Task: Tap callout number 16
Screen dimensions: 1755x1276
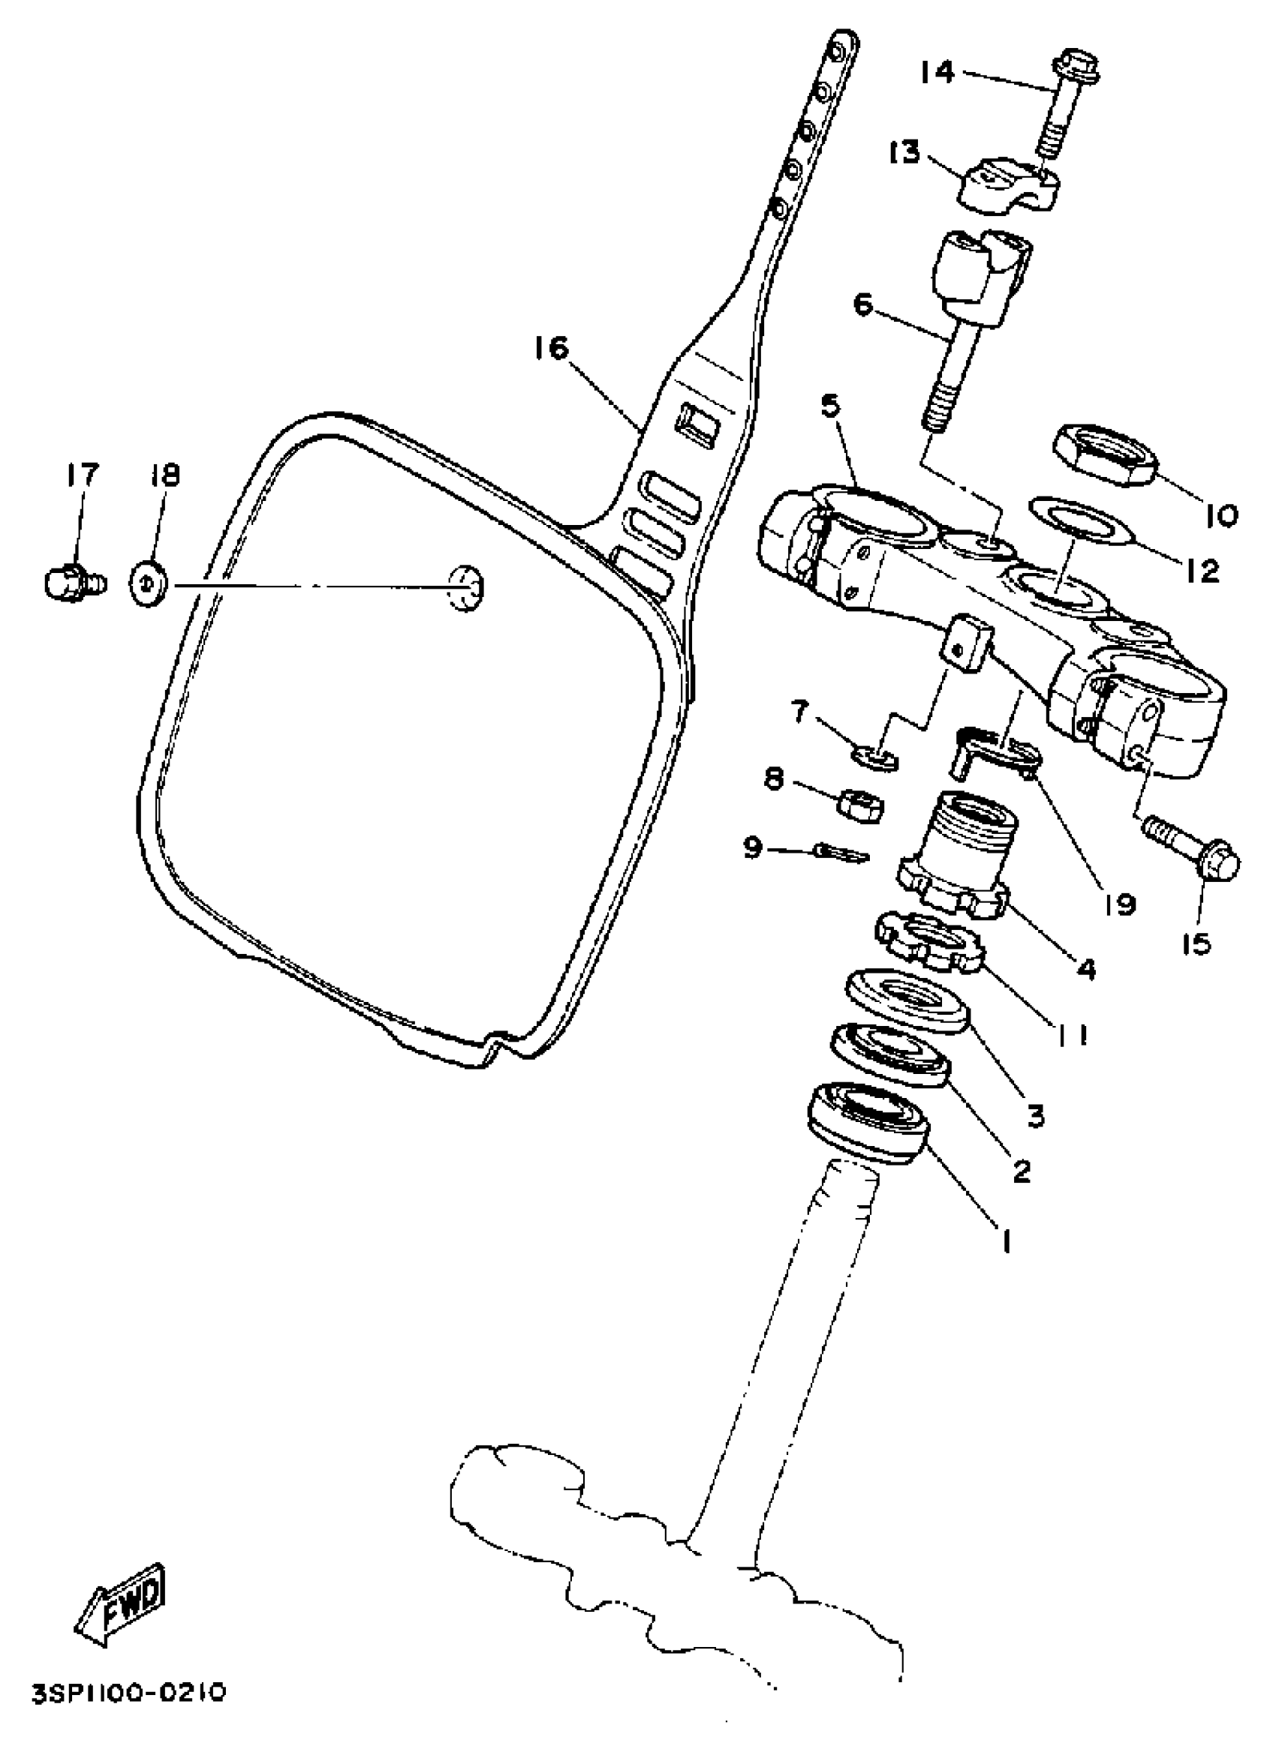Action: coord(550,348)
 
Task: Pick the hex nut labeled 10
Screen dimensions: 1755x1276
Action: coord(1105,454)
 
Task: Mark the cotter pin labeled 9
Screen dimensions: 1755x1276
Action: coord(842,853)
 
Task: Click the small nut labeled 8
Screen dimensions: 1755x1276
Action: coord(862,809)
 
